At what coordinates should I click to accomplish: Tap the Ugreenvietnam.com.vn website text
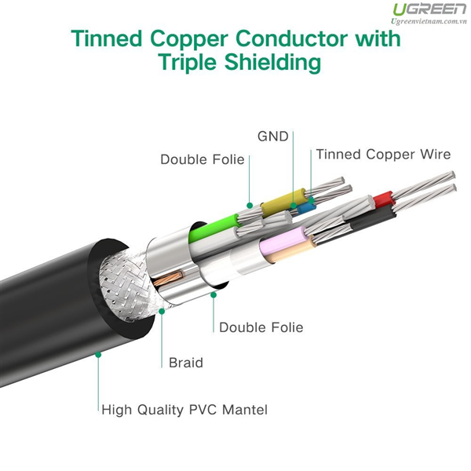coord(429,21)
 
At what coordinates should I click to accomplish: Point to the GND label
coord(272,137)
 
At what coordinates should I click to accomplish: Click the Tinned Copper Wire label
coord(383,155)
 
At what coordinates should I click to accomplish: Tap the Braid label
coord(186,363)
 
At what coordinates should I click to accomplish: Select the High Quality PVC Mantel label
coord(184,410)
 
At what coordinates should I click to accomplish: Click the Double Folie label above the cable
coord(203,159)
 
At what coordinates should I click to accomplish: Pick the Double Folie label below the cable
coord(261,327)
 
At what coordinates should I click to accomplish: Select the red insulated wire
coord(384,199)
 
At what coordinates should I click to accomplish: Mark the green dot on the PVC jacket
coord(98,355)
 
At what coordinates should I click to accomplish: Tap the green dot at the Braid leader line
coord(162,311)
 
